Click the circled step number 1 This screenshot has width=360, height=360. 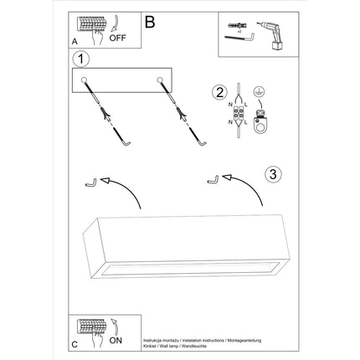[80, 59]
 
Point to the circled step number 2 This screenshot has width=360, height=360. [220, 93]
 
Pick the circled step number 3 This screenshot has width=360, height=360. [271, 174]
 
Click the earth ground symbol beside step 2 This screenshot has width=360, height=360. [260, 94]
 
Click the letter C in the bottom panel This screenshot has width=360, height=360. [75, 344]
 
